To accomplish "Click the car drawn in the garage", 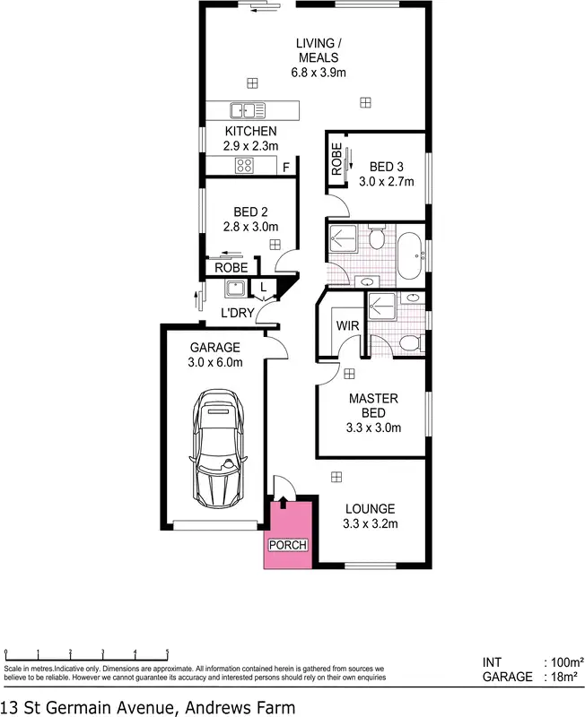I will click(218, 449).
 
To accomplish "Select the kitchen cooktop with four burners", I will click(244, 165).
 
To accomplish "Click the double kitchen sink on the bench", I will click(247, 111).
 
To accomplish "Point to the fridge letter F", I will click(286, 168).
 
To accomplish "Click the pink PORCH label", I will click(287, 545).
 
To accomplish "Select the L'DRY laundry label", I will click(238, 313).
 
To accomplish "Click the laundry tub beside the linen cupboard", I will click(235, 289).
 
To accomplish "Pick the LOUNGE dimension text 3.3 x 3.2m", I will click(371, 524).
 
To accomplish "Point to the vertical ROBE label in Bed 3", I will click(336, 160).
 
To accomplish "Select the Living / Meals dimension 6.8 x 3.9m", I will click(318, 73).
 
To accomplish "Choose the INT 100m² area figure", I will click(560, 662).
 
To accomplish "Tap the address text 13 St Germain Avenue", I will click(147, 705).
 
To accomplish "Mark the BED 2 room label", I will click(250, 212).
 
